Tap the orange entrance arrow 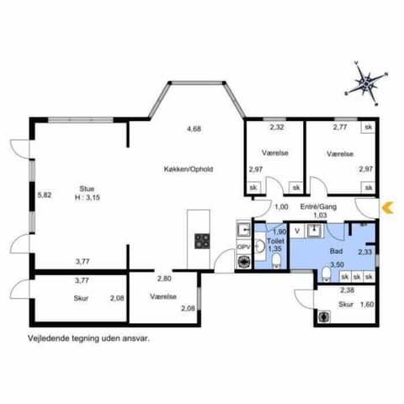pos(387,207)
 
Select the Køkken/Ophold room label pos(189,169)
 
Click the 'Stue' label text pos(87,189)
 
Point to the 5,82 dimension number pos(45,194)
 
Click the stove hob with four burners pos(202,242)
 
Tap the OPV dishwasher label pos(242,247)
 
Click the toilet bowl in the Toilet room pos(276,262)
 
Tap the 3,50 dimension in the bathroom pos(337,264)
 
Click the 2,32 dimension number pos(276,128)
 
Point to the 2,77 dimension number pos(340,128)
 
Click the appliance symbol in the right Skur pos(326,317)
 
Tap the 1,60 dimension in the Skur pos(366,304)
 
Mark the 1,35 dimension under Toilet pos(274,248)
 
